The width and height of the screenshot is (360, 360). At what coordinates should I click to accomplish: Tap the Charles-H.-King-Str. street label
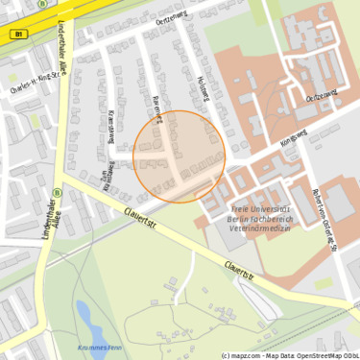click(x=35, y=84)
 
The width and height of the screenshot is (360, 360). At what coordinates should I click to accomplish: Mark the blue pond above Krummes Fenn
click(x=85, y=317)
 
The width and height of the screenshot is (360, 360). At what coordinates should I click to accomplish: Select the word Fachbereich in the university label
click(x=277, y=219)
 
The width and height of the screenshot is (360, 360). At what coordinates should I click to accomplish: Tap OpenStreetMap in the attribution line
click(x=300, y=354)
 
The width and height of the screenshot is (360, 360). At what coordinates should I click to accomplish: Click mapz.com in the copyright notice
click(x=246, y=354)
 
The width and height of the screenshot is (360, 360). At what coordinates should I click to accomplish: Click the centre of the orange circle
click(x=180, y=156)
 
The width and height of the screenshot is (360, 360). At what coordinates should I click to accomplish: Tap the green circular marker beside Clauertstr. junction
click(x=57, y=191)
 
